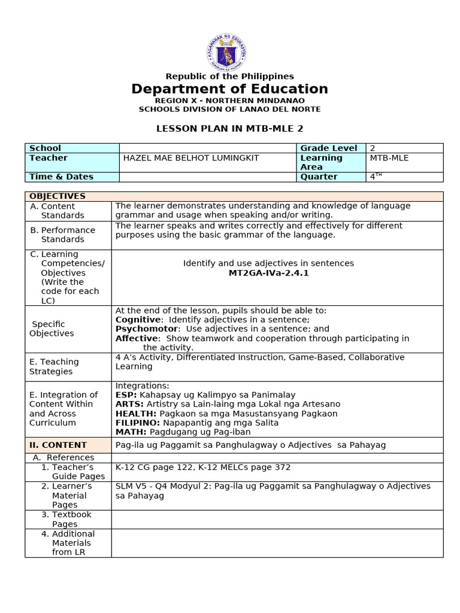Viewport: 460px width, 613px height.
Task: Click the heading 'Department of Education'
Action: click(x=230, y=89)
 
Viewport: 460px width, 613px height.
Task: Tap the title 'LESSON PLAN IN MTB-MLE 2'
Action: click(x=230, y=128)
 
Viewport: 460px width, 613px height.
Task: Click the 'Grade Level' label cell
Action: click(x=328, y=148)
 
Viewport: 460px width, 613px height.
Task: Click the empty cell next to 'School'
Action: click(x=208, y=148)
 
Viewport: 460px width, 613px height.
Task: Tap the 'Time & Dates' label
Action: click(x=61, y=177)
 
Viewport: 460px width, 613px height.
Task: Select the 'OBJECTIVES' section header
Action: click(x=57, y=196)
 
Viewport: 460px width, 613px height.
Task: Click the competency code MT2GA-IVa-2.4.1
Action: click(x=268, y=273)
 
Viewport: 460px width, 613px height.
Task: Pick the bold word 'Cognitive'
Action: click(x=138, y=320)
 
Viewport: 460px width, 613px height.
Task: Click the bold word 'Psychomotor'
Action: click(x=146, y=329)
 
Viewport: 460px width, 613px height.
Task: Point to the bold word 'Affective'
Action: click(x=137, y=338)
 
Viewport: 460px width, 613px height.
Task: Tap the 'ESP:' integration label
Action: click(x=126, y=395)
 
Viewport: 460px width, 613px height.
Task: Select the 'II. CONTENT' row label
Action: click(x=58, y=445)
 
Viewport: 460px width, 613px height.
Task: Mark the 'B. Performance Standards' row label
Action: click(x=62, y=235)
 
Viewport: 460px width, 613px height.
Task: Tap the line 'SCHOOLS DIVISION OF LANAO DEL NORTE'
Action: click(x=230, y=110)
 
